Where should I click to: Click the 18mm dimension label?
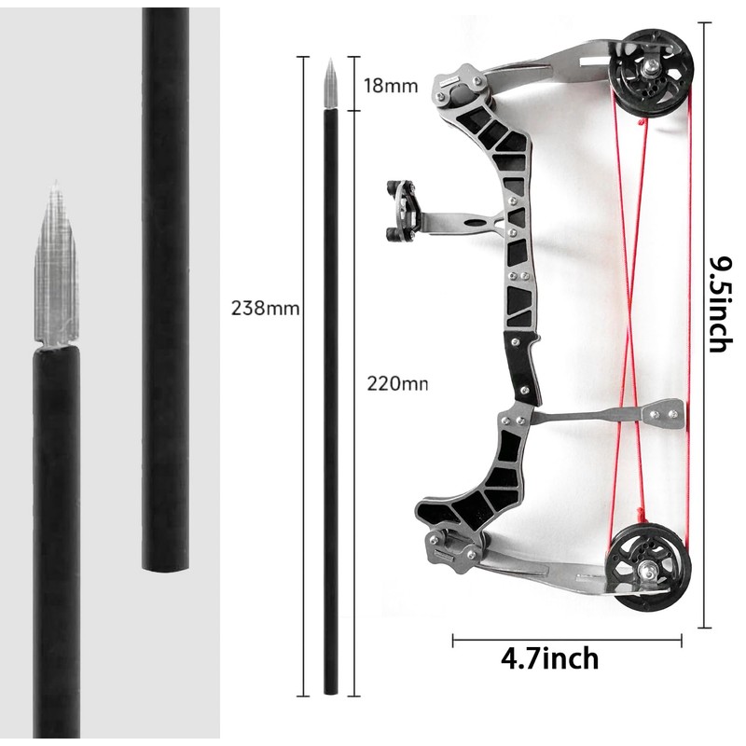(390, 86)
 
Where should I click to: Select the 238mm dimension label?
(265, 309)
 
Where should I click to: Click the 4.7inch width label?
(549, 659)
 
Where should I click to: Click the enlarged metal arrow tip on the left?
(55, 270)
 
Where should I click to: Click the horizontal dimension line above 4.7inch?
(567, 641)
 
